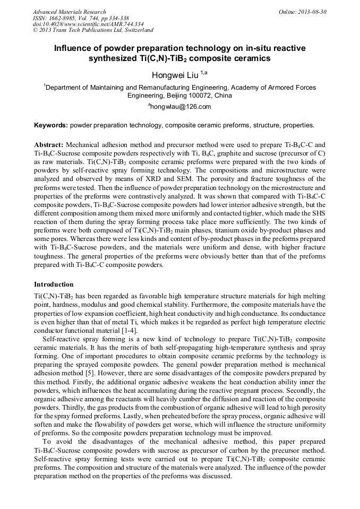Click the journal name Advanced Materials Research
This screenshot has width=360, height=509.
(x=69, y=12)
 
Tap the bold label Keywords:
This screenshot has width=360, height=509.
(x=50, y=126)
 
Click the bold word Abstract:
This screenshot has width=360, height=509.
(x=49, y=144)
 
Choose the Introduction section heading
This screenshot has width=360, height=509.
(x=54, y=284)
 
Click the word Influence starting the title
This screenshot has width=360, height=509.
(x=74, y=48)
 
